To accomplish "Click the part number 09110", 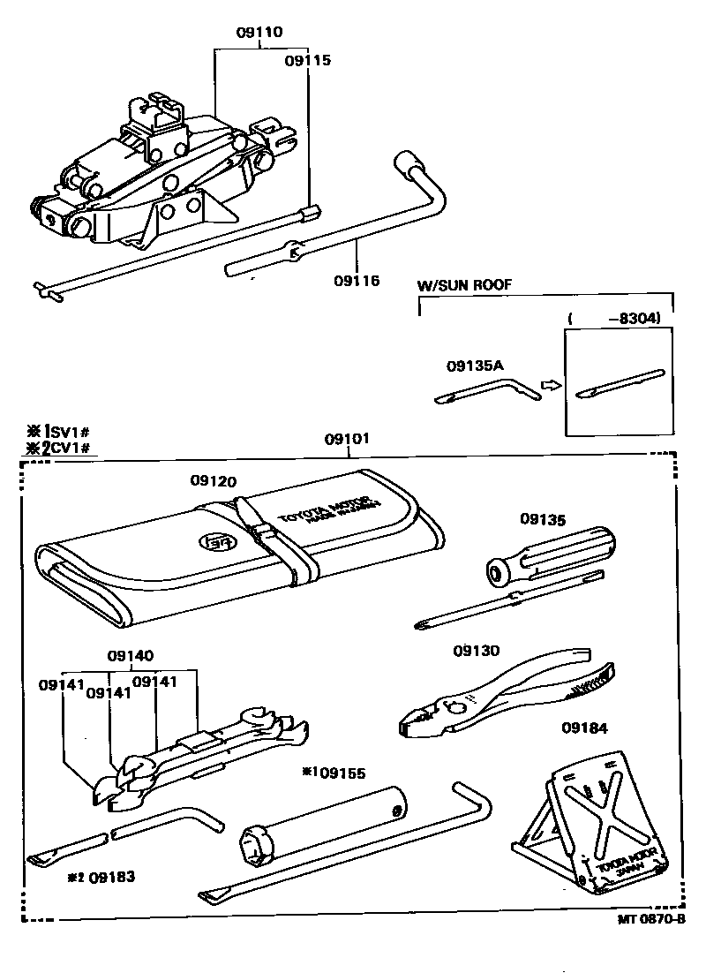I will [x=259, y=33].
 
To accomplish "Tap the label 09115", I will [x=307, y=61].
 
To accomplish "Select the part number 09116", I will [x=357, y=281].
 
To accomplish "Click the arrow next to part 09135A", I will [x=550, y=386].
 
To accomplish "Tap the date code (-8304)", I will [x=615, y=319].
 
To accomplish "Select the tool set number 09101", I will [x=347, y=438].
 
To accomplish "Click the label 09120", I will [x=214, y=481].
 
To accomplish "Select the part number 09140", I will [x=130, y=656].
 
